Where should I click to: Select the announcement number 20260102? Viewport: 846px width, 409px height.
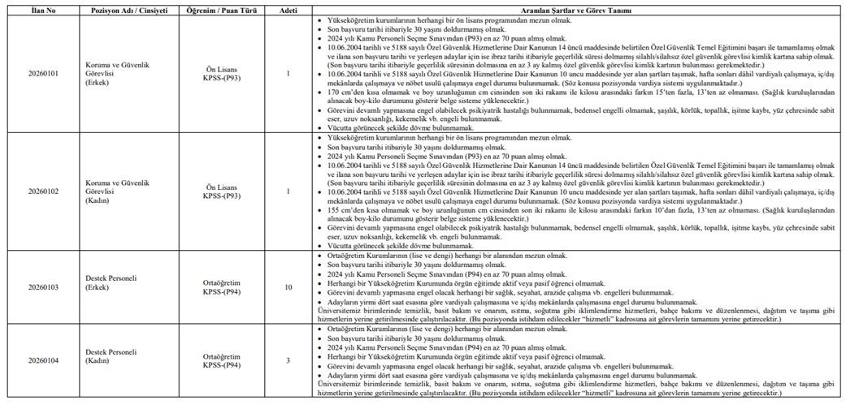point(39,192)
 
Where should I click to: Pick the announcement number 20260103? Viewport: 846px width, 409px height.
point(39,287)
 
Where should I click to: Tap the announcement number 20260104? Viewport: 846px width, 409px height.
point(39,360)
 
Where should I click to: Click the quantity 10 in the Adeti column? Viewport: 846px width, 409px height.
point(289,287)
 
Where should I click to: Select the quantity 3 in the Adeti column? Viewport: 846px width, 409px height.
point(289,360)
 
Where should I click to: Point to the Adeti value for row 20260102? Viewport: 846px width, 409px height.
point(289,192)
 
